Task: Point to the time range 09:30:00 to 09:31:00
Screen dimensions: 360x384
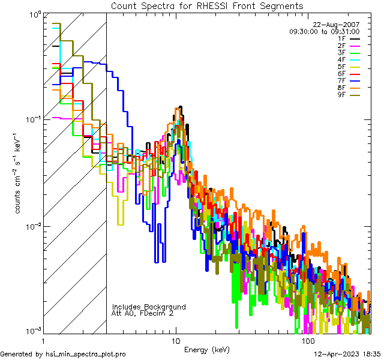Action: [324, 31]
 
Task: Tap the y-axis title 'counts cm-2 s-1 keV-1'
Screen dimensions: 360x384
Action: [19, 173]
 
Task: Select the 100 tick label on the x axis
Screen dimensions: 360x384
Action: [307, 341]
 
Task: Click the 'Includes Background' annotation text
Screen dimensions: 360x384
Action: [149, 307]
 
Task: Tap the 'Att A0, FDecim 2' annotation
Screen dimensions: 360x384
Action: [143, 313]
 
